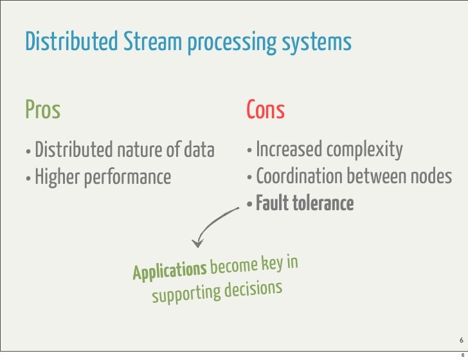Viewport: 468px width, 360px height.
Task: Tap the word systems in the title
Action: coord(321,43)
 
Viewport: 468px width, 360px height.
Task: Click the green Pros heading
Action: coord(42,111)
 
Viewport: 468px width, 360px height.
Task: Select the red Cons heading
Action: coord(265,111)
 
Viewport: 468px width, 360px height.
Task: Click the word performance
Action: coord(126,177)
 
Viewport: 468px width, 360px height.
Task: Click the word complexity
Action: coord(365,151)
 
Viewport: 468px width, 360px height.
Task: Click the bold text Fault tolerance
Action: coord(305,204)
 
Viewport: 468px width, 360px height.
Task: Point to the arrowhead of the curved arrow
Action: coord(199,244)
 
